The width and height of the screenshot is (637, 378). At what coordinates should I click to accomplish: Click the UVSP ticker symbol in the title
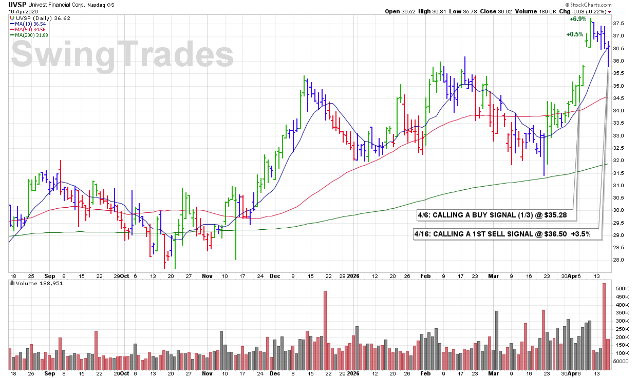click(x=17, y=5)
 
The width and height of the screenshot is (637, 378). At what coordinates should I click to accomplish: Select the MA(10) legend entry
click(x=28, y=24)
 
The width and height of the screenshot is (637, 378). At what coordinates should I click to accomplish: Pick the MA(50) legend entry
click(x=28, y=30)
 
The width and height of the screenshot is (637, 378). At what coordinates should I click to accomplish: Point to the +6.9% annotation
click(x=578, y=19)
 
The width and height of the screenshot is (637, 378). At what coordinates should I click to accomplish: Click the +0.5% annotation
click(x=575, y=34)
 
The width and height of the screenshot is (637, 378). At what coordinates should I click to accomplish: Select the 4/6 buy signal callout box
click(x=496, y=215)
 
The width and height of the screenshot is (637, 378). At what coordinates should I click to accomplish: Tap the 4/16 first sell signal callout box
click(x=508, y=234)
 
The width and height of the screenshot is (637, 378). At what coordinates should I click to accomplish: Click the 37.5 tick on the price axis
click(x=619, y=23)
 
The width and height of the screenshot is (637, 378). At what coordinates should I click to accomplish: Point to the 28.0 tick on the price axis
click(x=619, y=260)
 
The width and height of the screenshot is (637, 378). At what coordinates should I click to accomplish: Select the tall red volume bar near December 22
click(x=325, y=330)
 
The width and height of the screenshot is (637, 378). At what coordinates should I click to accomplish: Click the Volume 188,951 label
click(x=36, y=284)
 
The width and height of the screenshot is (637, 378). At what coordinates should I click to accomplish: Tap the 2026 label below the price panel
click(x=353, y=276)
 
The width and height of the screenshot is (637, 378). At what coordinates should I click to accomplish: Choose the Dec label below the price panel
click(x=275, y=276)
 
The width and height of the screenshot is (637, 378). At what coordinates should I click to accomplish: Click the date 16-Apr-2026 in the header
click(x=23, y=12)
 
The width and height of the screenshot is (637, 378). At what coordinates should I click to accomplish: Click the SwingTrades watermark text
click(x=122, y=54)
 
